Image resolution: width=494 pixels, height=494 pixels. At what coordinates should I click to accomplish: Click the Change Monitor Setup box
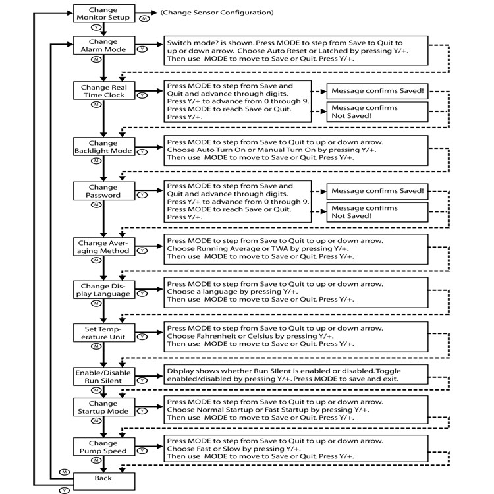[104, 13]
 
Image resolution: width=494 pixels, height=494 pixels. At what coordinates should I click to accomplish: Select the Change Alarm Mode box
[104, 45]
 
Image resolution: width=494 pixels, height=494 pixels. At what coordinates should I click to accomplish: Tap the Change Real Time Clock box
[104, 91]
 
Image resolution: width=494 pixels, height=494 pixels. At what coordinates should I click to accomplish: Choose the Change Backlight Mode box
[104, 146]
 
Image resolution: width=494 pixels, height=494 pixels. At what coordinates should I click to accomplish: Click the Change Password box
[104, 191]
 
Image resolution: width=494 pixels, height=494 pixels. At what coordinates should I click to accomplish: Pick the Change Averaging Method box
[104, 247]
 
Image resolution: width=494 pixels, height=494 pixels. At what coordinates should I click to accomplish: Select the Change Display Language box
[104, 290]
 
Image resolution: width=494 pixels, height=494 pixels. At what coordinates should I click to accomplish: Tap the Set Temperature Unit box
[104, 333]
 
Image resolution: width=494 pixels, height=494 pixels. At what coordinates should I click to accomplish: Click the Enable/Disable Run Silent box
[104, 377]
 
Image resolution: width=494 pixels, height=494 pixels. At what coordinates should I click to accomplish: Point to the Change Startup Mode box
[104, 407]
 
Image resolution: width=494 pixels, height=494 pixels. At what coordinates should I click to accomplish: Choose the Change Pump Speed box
[104, 447]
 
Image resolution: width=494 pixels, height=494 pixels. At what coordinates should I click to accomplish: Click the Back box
[104, 481]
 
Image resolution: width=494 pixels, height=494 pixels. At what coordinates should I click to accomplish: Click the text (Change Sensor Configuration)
[217, 13]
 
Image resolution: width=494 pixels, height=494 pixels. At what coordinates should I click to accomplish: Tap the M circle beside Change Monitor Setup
[145, 18]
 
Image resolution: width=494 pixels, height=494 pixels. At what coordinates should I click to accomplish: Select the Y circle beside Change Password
[142, 195]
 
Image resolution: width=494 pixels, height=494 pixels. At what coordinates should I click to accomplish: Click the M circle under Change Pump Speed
[96, 460]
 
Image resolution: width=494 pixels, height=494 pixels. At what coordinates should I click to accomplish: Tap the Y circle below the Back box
[65, 491]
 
